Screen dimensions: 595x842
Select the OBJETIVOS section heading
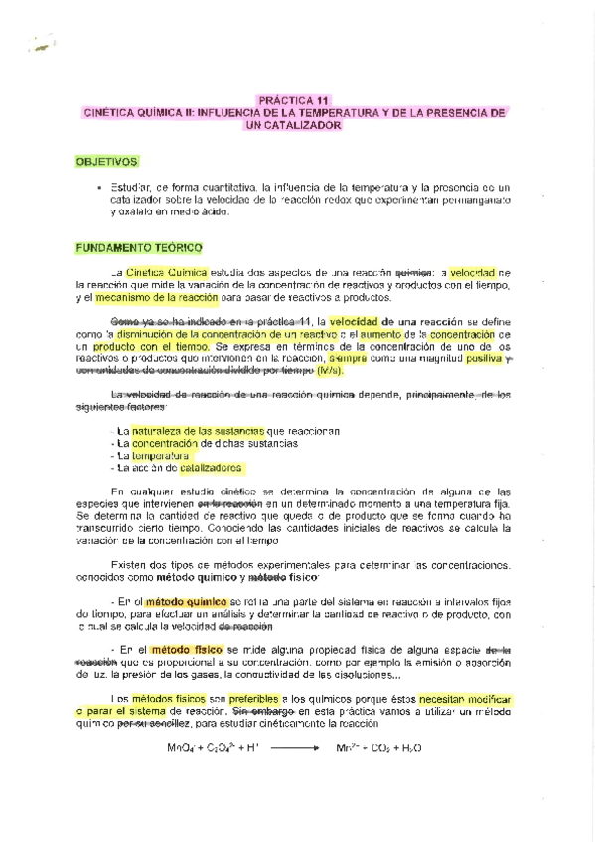pyautogui.click(x=109, y=161)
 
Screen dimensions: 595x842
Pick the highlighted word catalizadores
pyautogui.click(x=211, y=467)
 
